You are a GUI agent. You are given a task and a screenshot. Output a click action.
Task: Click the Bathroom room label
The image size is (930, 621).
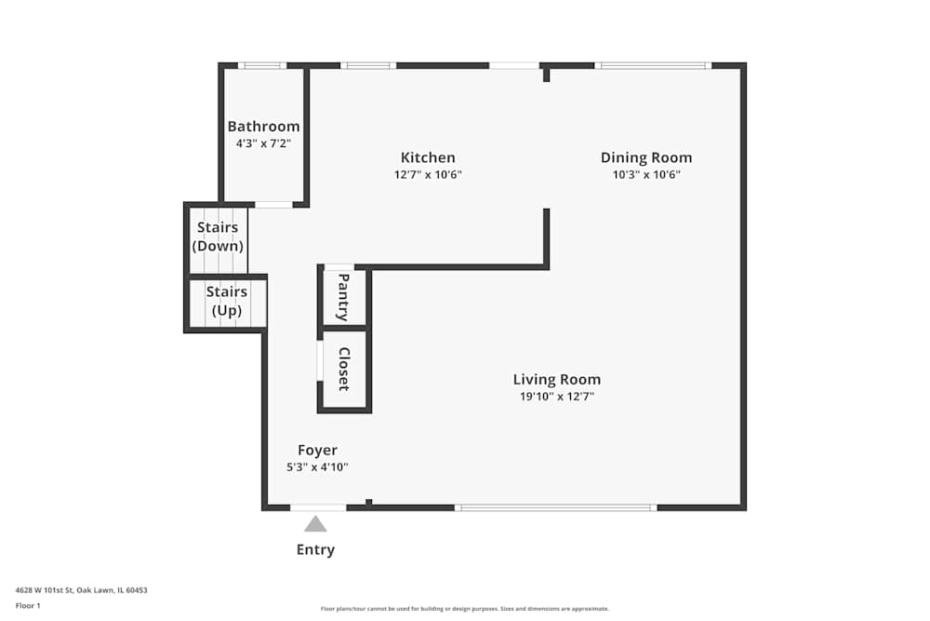point(263,127)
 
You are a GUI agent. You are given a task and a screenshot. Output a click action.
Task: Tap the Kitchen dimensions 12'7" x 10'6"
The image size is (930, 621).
point(428,175)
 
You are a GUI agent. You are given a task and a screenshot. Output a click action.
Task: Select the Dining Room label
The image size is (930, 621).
point(646,157)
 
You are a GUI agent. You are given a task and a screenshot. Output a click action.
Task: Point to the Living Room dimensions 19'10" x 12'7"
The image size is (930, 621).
point(556,397)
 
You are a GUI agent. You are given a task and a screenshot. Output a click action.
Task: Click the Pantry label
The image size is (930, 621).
point(343,297)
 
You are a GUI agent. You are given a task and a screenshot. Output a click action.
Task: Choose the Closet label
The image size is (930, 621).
point(343,369)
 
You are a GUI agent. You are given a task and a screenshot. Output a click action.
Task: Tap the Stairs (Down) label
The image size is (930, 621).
point(218,237)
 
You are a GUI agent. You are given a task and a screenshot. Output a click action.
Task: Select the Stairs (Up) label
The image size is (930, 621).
point(227,301)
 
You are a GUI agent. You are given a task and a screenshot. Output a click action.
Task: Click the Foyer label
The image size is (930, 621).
point(317,451)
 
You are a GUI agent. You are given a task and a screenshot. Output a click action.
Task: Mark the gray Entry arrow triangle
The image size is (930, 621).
point(315,524)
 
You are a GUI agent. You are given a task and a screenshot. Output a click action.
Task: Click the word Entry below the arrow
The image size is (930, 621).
point(315,549)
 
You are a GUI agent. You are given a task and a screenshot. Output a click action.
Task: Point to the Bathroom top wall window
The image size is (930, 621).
point(262,65)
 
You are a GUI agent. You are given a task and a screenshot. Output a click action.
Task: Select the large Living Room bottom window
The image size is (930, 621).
point(555,507)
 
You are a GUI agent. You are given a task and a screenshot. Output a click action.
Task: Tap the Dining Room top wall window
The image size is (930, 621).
point(653,65)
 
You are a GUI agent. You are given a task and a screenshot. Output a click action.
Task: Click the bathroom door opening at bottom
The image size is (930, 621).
point(273,204)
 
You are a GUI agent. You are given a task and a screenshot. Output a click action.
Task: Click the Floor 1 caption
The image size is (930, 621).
point(29,606)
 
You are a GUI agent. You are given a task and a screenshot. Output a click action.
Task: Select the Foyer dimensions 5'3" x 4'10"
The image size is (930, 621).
point(317,467)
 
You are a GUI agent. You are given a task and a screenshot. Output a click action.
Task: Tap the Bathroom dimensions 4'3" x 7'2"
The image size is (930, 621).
point(263,144)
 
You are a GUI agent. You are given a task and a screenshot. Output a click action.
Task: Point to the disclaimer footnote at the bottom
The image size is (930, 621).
point(465,609)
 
